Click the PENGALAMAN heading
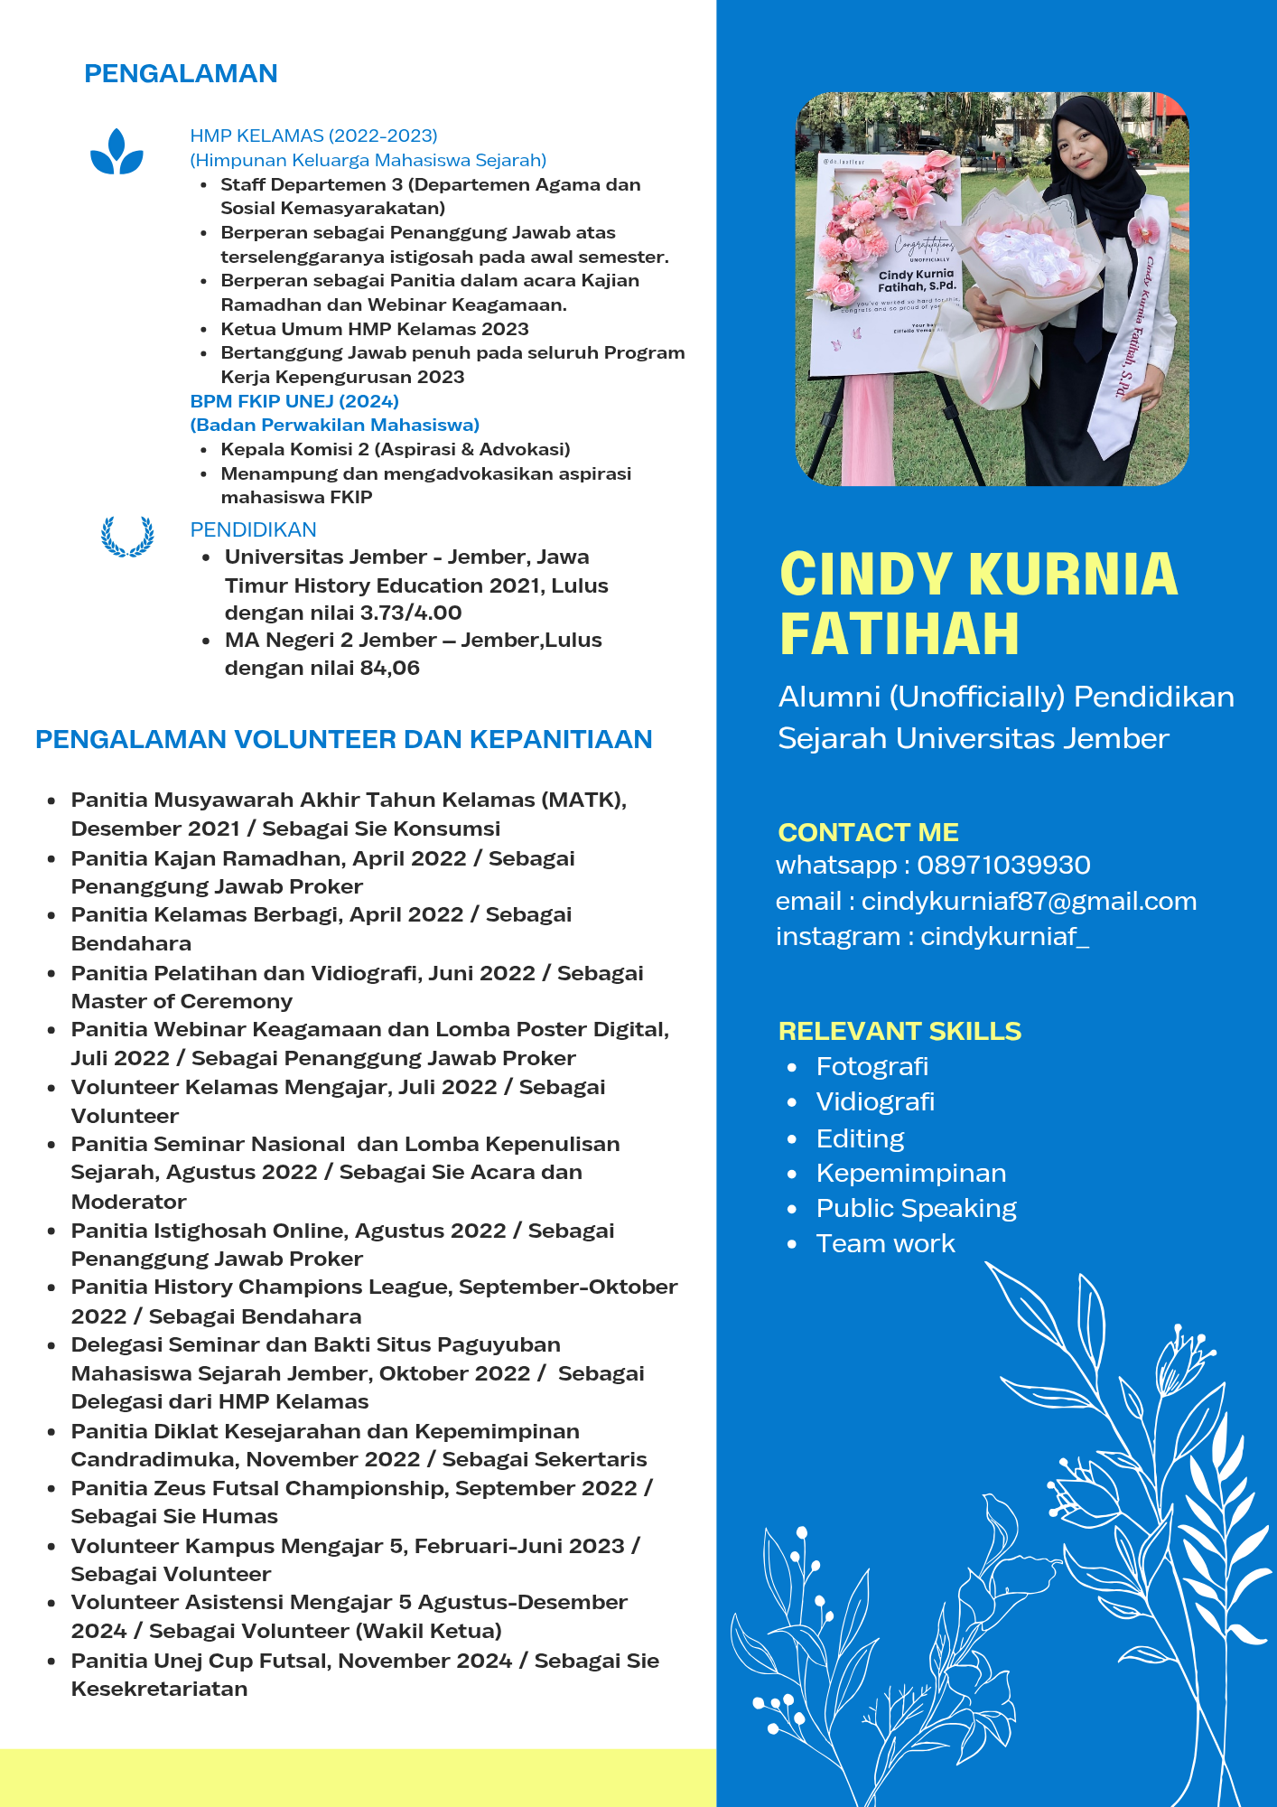pos(181,73)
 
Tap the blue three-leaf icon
pos(117,152)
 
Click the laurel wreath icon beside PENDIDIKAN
pos(127,536)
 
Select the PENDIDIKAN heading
pos(253,529)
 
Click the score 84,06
pos(390,668)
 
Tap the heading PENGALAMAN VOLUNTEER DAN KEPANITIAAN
pos(343,739)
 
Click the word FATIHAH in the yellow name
pos(899,633)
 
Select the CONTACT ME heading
pos(868,832)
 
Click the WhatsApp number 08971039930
pos(1003,866)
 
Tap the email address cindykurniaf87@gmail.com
pos(1029,901)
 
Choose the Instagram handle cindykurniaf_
pos(1004,936)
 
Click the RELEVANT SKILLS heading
pos(899,1031)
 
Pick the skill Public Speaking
pos(916,1208)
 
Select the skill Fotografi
pos(872,1066)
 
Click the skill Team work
pos(885,1243)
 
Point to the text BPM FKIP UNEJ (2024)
pos(294,401)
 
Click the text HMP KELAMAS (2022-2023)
pos(313,136)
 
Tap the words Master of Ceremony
pos(182,1001)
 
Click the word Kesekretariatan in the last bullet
pos(159,1689)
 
